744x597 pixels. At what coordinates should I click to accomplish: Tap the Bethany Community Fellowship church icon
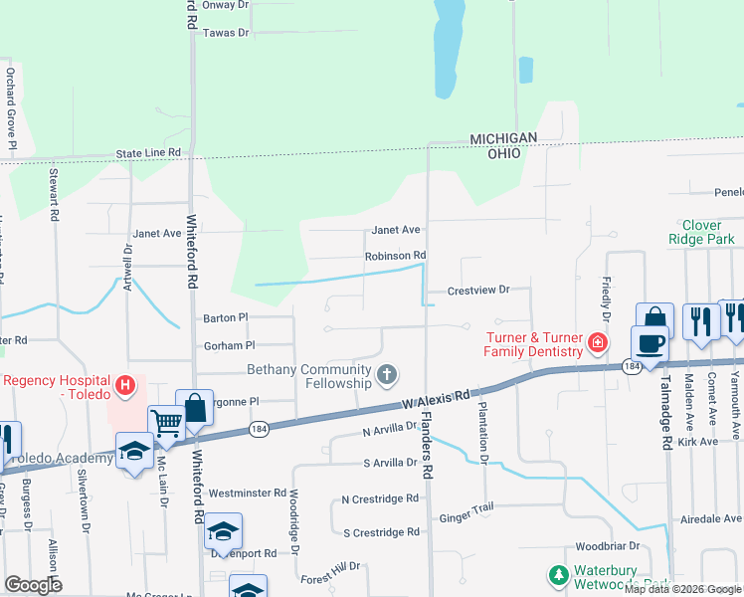point(387,375)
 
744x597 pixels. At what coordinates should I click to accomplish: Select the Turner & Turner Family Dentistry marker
point(597,343)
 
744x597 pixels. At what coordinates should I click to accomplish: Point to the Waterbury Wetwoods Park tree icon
point(558,575)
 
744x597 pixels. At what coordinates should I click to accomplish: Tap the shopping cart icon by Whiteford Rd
point(166,423)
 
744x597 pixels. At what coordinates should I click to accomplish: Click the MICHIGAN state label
point(503,138)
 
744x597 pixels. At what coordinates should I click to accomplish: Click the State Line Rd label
point(149,153)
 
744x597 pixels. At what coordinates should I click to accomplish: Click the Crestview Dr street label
point(477,290)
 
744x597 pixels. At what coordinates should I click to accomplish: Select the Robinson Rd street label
point(395,256)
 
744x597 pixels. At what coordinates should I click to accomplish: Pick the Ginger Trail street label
point(465,517)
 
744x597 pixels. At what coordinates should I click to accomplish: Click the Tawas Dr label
point(225,33)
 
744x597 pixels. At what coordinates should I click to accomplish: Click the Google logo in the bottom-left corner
point(33,584)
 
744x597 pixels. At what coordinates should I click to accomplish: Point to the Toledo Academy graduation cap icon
point(134,453)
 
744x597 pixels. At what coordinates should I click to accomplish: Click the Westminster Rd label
point(248,493)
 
